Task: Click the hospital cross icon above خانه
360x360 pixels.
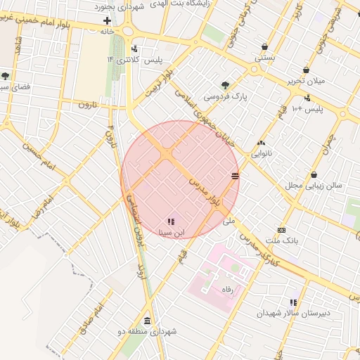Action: pyautogui.click(x=107, y=21)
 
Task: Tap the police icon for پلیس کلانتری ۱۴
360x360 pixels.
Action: pyautogui.click(x=134, y=49)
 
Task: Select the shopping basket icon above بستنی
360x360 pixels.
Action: pyautogui.click(x=264, y=46)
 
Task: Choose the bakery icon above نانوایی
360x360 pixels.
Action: pyautogui.click(x=262, y=143)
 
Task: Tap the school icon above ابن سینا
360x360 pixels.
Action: pyautogui.click(x=171, y=221)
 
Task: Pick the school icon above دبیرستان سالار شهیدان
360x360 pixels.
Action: pyautogui.click(x=293, y=302)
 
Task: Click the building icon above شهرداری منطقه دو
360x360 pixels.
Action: pyautogui.click(x=147, y=320)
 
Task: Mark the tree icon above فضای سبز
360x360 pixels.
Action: pyautogui.click(x=6, y=76)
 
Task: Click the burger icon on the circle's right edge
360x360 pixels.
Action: pyautogui.click(x=235, y=175)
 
